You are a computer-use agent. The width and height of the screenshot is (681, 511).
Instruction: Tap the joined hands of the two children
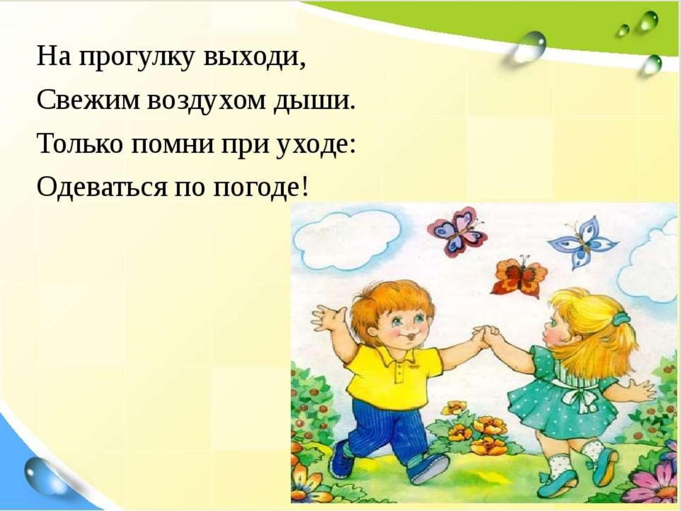486,336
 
